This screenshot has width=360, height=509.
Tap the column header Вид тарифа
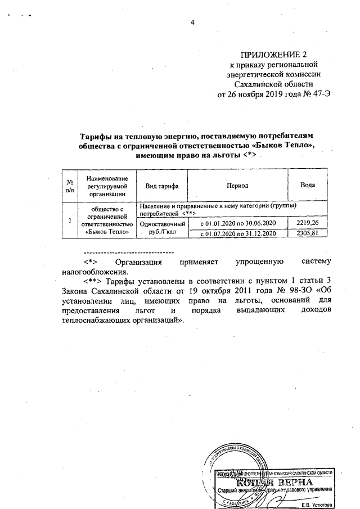[x=162, y=186]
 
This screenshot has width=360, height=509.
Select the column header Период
[x=237, y=186]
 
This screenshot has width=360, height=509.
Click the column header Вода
[x=307, y=185]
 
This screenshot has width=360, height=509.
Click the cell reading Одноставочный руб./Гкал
[x=162, y=228]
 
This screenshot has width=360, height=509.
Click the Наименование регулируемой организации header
[x=106, y=186]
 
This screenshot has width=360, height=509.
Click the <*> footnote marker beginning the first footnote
[x=91, y=262]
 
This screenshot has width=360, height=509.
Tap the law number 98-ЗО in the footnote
[x=299, y=290]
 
